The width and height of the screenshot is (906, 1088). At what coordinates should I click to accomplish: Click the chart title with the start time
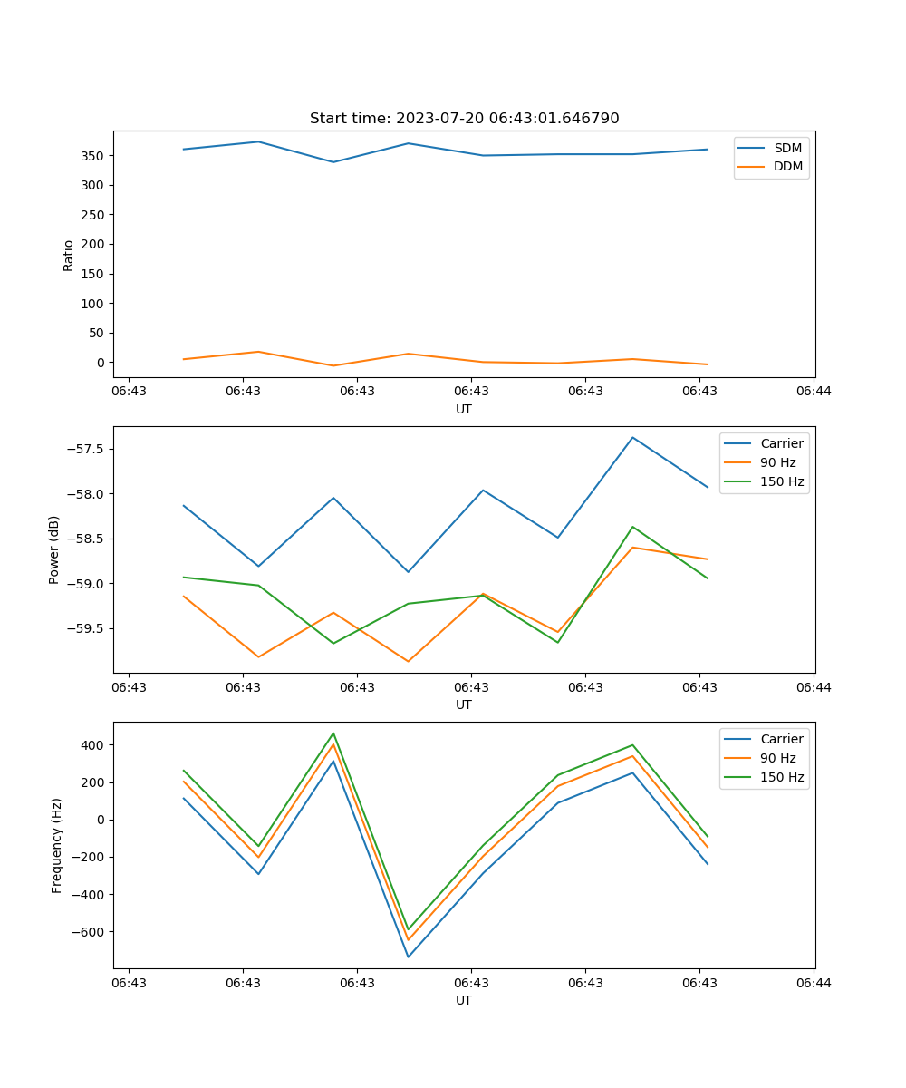464,119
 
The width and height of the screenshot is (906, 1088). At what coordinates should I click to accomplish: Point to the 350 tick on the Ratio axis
91,156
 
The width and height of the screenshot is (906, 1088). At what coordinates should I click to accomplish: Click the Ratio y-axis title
69,255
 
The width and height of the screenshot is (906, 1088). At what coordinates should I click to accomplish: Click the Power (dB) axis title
54,549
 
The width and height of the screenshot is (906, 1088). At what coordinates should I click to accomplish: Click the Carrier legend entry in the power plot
781,444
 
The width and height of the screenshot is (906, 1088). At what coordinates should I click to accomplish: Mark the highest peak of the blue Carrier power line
632,438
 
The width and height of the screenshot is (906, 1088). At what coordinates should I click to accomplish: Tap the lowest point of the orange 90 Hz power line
408,661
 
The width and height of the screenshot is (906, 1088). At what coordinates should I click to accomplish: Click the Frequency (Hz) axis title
57,845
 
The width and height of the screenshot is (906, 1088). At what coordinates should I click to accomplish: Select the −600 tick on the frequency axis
84,932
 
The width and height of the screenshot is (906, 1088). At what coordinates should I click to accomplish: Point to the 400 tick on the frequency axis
91,745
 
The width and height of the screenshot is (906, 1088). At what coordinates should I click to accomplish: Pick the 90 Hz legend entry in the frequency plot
777,758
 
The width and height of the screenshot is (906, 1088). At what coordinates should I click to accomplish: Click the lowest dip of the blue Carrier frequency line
408,957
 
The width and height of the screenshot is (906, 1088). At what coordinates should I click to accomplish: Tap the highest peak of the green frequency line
333,733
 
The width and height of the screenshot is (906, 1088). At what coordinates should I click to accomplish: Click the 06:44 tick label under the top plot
814,391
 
